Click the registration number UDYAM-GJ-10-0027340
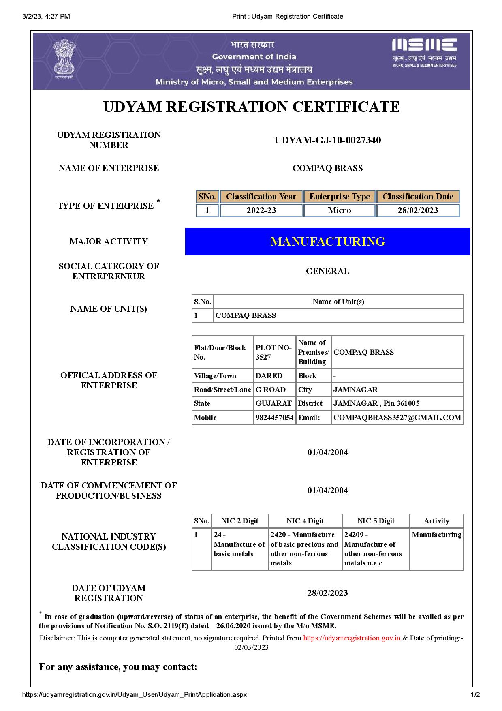(x=327, y=140)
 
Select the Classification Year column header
(x=261, y=197)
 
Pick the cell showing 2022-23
(x=261, y=210)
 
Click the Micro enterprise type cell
(x=339, y=210)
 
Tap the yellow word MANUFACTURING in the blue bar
(x=327, y=242)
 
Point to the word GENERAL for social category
(x=327, y=271)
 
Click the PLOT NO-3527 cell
(x=273, y=352)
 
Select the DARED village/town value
(x=269, y=376)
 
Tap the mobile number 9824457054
(x=274, y=418)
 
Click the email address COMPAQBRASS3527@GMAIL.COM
(x=397, y=418)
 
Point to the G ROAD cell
(x=270, y=390)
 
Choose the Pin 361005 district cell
(x=376, y=403)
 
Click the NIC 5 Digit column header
(x=376, y=521)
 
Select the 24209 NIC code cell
(x=373, y=548)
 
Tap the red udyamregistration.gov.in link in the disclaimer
(x=352, y=638)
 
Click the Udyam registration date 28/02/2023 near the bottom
(x=327, y=593)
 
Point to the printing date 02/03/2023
(x=251, y=647)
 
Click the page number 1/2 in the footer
(x=475, y=694)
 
